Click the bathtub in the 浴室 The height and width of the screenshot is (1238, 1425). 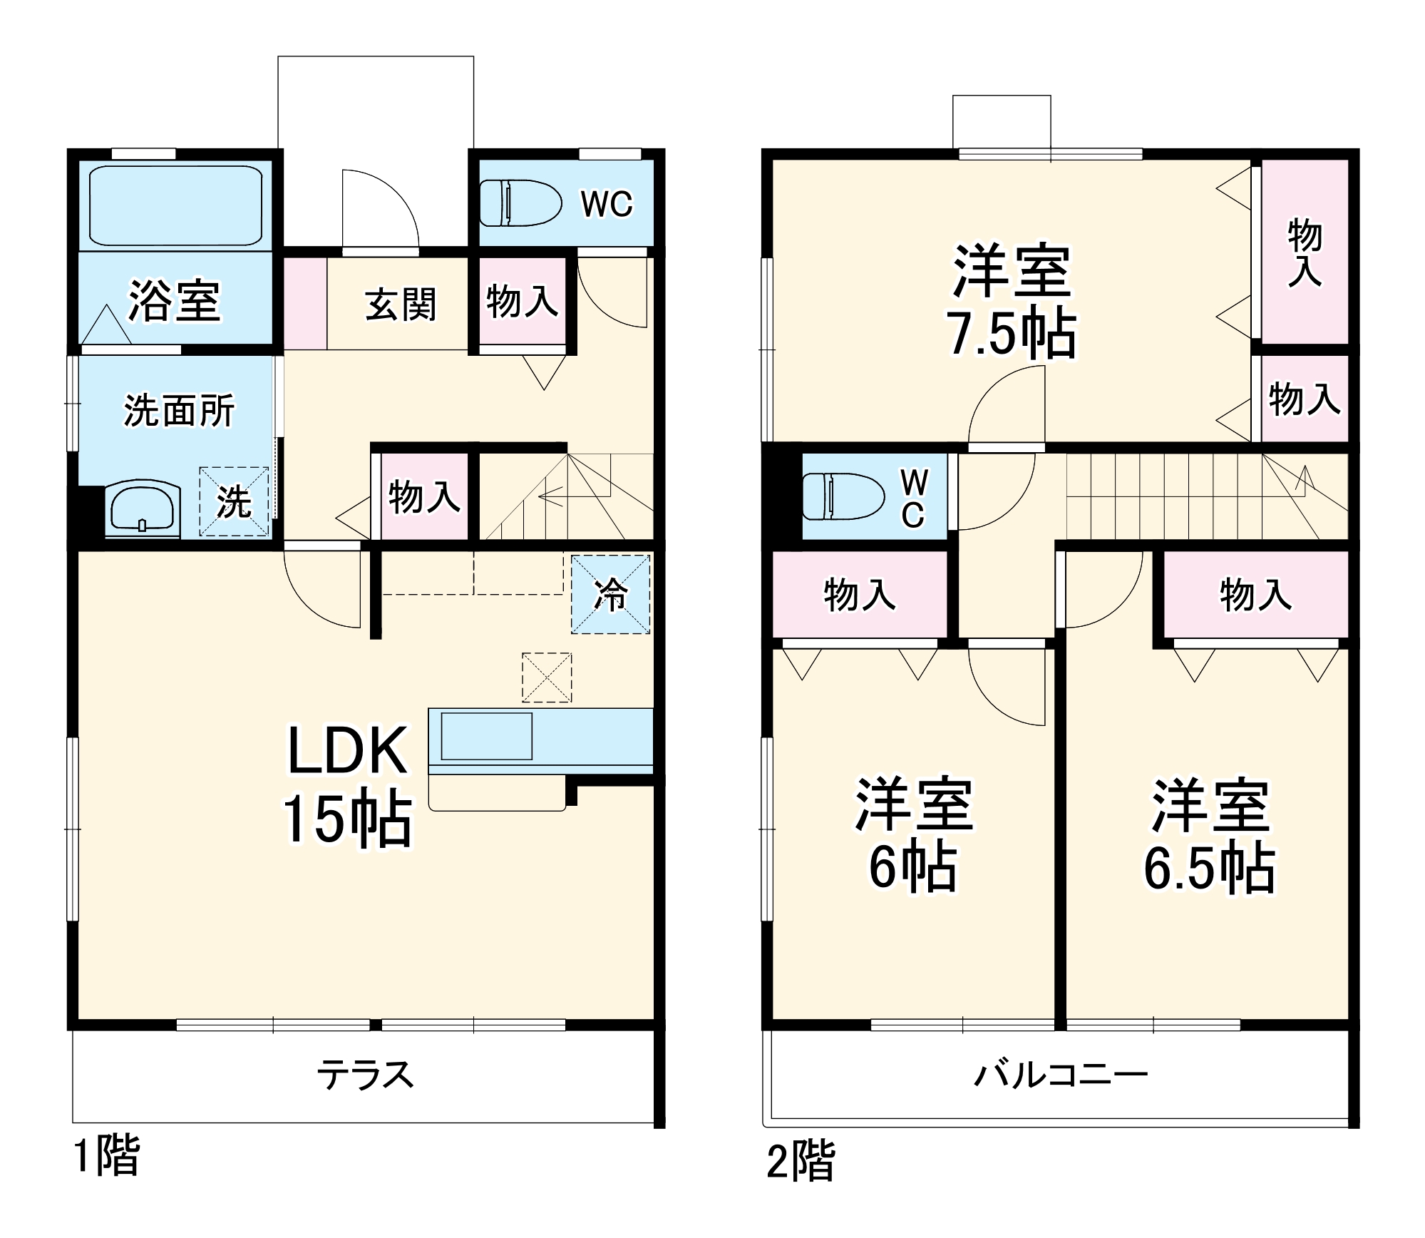pyautogui.click(x=175, y=205)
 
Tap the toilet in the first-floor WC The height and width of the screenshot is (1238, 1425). pyautogui.click(x=520, y=203)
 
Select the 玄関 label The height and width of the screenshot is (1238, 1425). pyautogui.click(x=400, y=305)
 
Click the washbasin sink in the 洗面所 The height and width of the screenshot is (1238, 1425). pyautogui.click(x=143, y=508)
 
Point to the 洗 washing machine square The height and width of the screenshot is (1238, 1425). pyautogui.click(x=235, y=502)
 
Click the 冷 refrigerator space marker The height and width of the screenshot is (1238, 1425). pyautogui.click(x=611, y=593)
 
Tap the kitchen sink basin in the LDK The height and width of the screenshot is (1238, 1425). pyautogui.click(x=487, y=736)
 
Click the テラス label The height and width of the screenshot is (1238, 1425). pyautogui.click(x=365, y=1074)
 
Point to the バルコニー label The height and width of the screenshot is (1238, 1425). pyautogui.click(x=1060, y=1074)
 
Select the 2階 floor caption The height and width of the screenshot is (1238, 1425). pyautogui.click(x=800, y=1161)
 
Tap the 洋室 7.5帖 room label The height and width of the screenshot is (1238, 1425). pyautogui.click(x=1012, y=301)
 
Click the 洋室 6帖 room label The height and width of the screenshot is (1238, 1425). pyautogui.click(x=913, y=834)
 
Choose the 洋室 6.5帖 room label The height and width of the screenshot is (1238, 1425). pyautogui.click(x=1210, y=836)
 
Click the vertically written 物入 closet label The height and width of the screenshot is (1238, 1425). pyautogui.click(x=1305, y=253)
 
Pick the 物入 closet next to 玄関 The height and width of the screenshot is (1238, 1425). pyautogui.click(x=523, y=301)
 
